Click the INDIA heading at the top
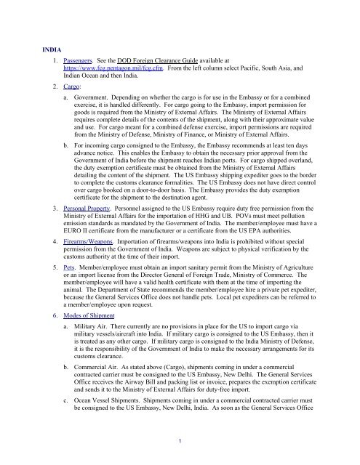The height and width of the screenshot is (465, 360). (x=53, y=49)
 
